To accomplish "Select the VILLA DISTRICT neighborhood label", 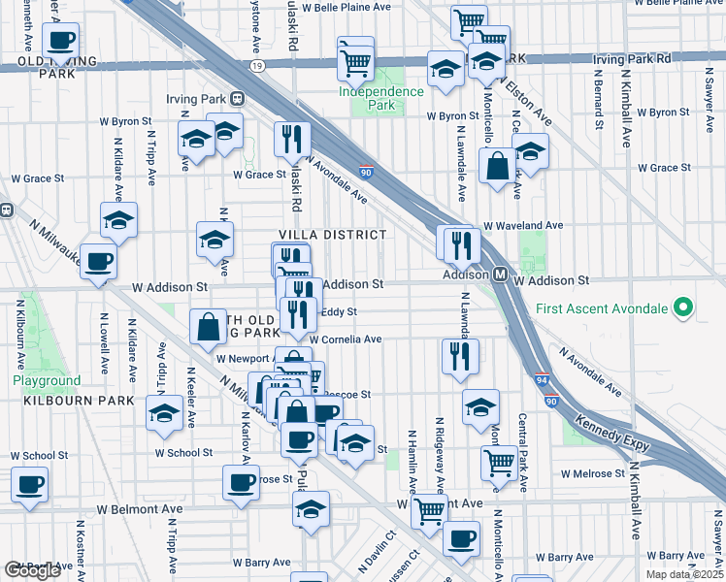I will [333, 236].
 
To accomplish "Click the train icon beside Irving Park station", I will [236, 99].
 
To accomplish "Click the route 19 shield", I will [256, 66].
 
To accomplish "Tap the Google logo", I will [32, 569].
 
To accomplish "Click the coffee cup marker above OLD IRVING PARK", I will [61, 42].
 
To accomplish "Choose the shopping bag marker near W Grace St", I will [497, 166].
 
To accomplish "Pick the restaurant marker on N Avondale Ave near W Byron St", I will [291, 140].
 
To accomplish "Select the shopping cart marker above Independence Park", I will [355, 62].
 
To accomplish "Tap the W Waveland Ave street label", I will [524, 225].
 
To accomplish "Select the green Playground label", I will [47, 381].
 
